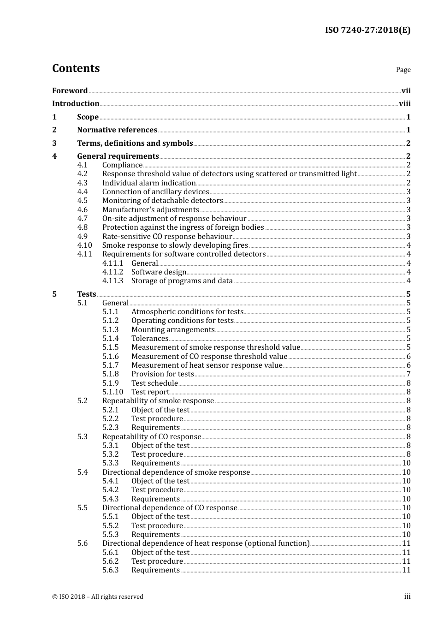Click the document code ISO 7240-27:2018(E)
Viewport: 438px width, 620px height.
(x=367, y=30)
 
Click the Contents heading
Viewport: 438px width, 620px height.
(x=76, y=68)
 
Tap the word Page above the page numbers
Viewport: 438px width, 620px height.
(x=403, y=70)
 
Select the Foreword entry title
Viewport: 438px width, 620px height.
(x=70, y=91)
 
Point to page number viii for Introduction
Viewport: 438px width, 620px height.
(x=404, y=104)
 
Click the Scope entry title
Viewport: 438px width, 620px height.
(x=88, y=117)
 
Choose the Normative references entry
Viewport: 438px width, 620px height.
(x=117, y=130)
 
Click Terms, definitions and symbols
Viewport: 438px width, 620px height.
(x=135, y=143)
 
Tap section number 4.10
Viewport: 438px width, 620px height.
(x=84, y=245)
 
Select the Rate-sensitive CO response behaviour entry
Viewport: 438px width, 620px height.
(x=167, y=237)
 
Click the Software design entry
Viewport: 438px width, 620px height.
(x=159, y=272)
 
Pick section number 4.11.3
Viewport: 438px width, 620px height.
(x=112, y=281)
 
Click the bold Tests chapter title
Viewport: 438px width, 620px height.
(x=87, y=294)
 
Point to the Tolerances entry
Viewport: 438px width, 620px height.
(x=150, y=339)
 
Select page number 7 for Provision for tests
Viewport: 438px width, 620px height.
(x=408, y=374)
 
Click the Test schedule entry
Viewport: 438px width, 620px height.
(x=154, y=383)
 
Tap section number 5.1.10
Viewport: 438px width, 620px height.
(x=112, y=392)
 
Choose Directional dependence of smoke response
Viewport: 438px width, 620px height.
(x=176, y=472)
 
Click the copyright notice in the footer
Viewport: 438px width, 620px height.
(x=98, y=597)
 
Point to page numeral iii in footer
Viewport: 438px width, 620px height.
(x=407, y=596)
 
